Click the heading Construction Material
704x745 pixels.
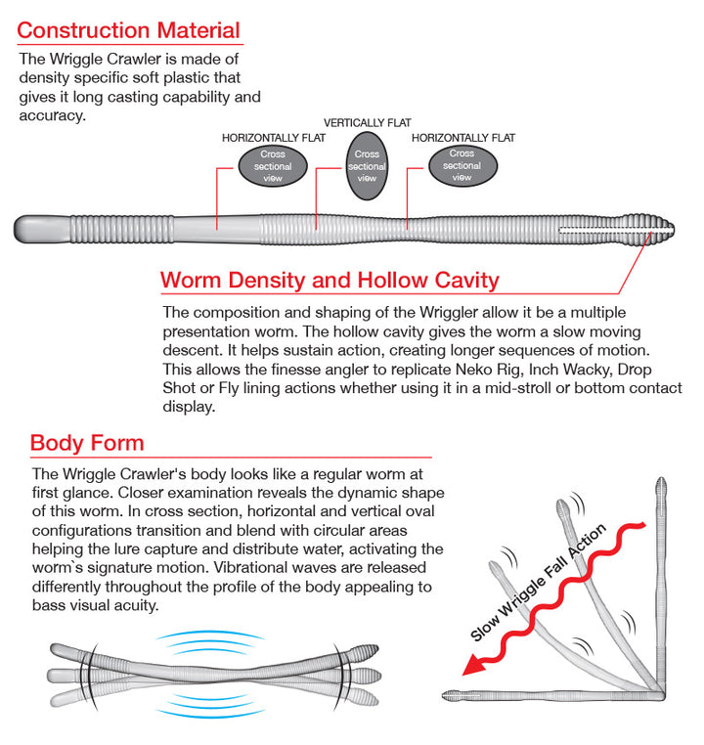128,31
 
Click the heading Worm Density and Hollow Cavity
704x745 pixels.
330,281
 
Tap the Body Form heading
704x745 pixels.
87,443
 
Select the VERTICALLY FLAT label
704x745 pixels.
367,123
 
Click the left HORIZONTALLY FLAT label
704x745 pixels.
274,138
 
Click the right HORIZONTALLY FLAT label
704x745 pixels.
462,138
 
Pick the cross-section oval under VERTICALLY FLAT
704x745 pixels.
367,166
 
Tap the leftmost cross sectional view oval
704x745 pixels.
273,166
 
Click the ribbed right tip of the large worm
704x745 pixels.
663,231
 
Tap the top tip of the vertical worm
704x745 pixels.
662,484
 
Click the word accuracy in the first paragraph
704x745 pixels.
53,116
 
